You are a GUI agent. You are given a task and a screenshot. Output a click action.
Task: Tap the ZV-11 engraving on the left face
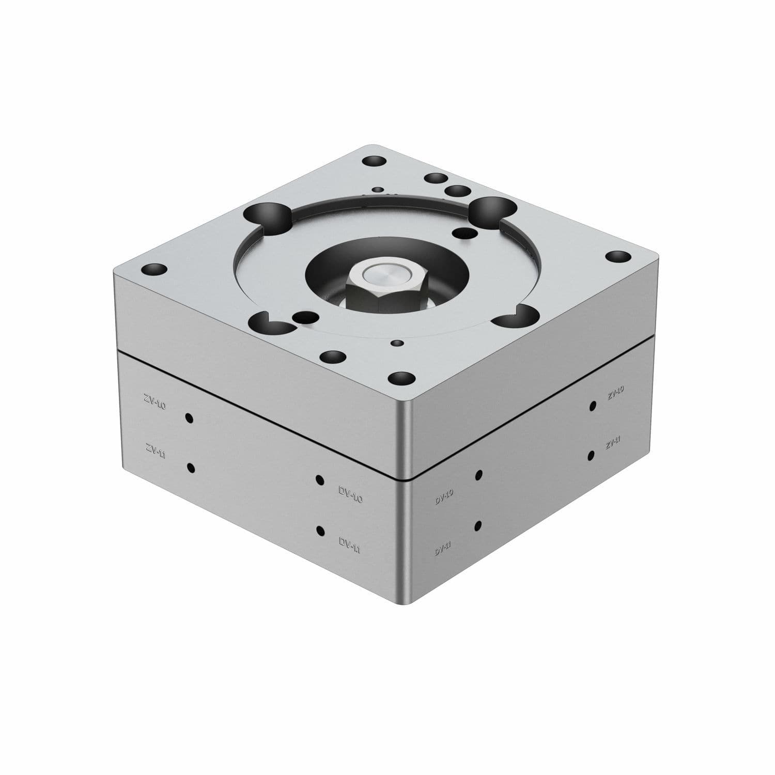(155, 450)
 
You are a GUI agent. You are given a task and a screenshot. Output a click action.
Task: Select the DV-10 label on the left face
(351, 495)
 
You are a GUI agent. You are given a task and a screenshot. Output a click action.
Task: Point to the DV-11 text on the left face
(349, 545)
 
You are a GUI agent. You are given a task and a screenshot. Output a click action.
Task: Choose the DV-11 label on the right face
(443, 548)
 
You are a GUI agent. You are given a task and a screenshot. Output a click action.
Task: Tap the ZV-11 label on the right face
(613, 442)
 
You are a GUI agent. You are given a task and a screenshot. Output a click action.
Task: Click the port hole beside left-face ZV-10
(189, 418)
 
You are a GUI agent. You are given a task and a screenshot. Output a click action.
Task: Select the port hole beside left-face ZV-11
(191, 468)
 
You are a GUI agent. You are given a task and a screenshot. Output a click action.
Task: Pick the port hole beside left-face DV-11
(321, 531)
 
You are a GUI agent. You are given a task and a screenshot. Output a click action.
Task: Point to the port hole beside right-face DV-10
(479, 475)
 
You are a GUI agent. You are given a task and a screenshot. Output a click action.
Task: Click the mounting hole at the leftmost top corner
(154, 270)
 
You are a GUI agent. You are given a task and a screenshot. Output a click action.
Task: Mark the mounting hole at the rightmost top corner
(618, 257)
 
